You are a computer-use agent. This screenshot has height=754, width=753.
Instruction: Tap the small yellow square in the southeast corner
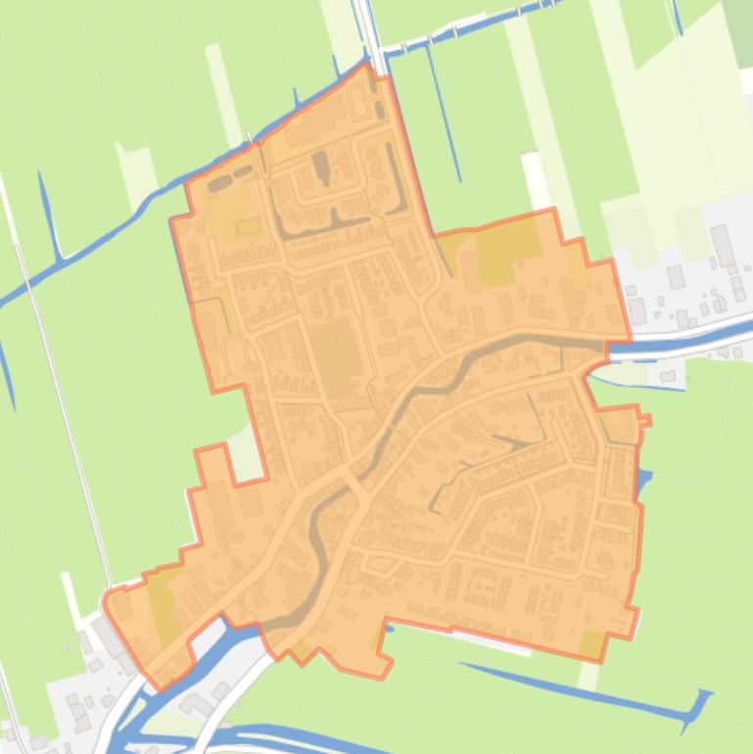pyautogui.click(x=591, y=643)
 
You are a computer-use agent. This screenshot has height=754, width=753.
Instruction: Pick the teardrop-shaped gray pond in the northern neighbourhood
pyautogui.click(x=320, y=165)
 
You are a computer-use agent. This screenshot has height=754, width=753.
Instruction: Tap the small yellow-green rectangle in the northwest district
pyautogui.click(x=248, y=227)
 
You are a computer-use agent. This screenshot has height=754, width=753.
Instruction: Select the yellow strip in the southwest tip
pyautogui.click(x=163, y=607)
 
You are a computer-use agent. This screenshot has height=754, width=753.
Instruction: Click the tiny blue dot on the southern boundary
pyautogui.click(x=389, y=628)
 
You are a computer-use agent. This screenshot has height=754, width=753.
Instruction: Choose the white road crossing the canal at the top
pyautogui.click(x=371, y=34)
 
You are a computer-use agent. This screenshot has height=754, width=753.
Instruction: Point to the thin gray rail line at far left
pyautogui.click(x=59, y=392)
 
